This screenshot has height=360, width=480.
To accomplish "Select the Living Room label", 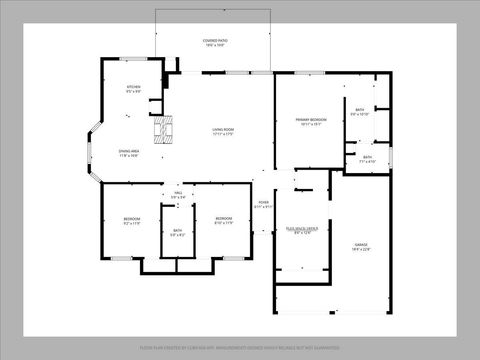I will (x=222, y=129).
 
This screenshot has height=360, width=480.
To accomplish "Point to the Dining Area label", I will (x=129, y=151).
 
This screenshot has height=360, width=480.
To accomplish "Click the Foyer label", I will (x=264, y=202).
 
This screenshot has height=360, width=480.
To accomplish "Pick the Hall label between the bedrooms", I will (x=178, y=194).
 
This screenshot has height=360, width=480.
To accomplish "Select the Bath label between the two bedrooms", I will (x=177, y=231).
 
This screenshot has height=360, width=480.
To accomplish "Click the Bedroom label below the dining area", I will (x=132, y=218).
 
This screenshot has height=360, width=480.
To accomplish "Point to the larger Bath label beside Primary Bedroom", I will (x=360, y=110).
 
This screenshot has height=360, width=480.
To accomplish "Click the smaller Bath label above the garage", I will (x=367, y=156).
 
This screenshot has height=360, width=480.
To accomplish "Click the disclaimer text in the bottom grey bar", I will (x=240, y=348).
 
